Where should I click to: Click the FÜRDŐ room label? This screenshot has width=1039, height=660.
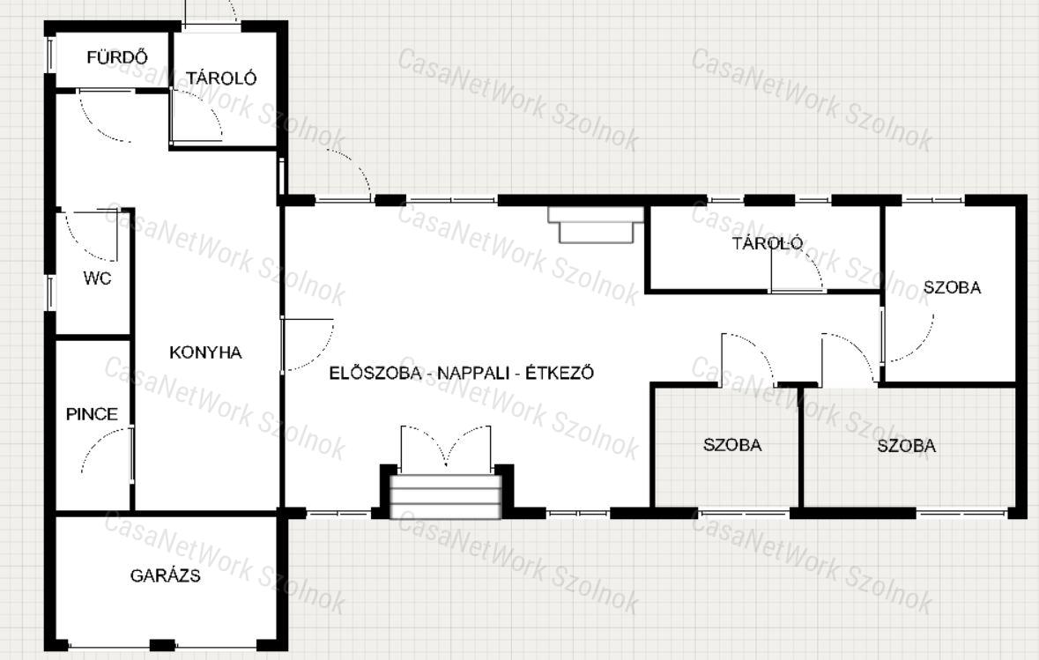pos(117,57)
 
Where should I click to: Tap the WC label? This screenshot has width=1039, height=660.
pos(98,278)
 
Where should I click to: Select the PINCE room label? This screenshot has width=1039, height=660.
pos(93,414)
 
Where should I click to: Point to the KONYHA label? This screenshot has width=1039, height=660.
pos(205,352)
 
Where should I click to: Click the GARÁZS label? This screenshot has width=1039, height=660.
pos(165,575)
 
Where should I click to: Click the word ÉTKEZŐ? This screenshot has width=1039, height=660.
pos(560,373)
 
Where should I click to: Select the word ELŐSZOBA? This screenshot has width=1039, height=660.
pos(375,373)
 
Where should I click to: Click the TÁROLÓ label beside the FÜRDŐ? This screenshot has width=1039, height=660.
pos(220,78)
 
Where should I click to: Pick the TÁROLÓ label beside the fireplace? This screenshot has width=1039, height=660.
pos(768,243)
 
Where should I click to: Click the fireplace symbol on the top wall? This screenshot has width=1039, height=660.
pos(595,225)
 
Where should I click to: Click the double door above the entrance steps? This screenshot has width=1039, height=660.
pos(446,445)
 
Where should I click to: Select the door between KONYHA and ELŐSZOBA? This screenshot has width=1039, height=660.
pos(307,345)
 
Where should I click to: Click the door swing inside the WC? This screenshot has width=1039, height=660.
pos(92,235)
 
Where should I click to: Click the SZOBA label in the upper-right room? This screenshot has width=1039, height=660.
pos(952,287)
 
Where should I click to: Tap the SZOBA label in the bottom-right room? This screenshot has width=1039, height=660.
pos(907,446)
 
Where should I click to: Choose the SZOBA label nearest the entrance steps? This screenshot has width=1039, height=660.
pos(732,445)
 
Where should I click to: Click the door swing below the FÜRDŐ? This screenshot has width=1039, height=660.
pos(106,115)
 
